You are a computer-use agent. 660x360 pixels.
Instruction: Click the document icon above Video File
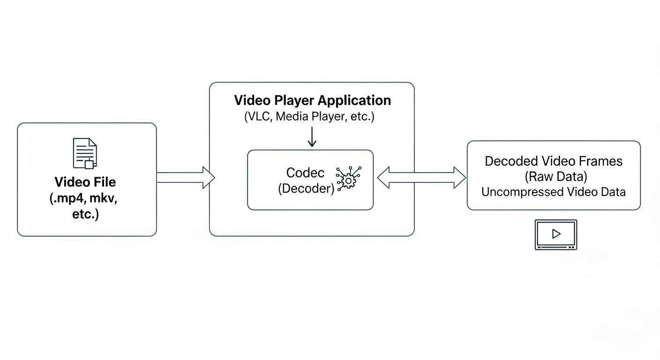85,153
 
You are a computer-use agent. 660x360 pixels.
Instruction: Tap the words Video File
85,182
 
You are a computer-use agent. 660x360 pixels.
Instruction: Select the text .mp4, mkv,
83,198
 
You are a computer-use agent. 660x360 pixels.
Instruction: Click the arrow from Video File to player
185,178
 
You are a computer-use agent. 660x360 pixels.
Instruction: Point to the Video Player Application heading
312,100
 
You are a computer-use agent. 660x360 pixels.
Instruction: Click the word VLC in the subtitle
257,117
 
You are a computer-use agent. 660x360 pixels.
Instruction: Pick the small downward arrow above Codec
312,136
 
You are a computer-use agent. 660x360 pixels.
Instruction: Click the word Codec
305,172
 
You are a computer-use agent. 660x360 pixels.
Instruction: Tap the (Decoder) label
306,188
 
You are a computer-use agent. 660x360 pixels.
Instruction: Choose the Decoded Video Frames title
554,161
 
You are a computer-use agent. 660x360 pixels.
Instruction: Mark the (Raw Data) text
555,177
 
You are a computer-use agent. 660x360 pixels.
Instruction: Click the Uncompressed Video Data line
554,192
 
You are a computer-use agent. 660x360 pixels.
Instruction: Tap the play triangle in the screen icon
556,233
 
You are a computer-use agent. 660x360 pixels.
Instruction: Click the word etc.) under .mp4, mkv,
85,214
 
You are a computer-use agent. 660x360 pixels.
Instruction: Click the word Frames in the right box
600,161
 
